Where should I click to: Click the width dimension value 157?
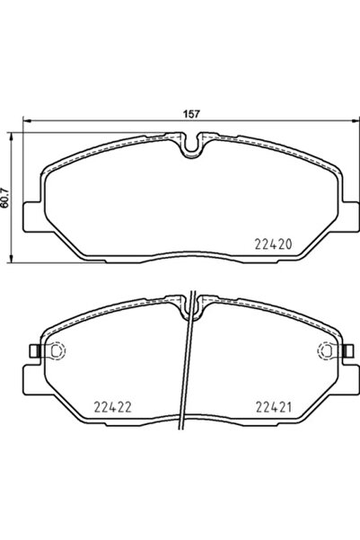pos(190,114)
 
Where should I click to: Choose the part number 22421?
pos(273,405)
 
